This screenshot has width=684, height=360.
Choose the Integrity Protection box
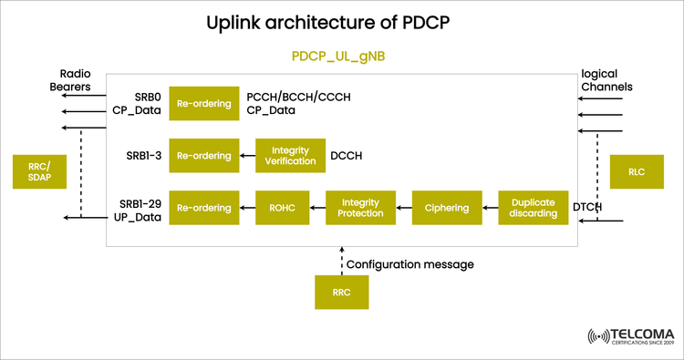[359, 208]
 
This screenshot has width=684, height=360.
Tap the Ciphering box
[447, 208]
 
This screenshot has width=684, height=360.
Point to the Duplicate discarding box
[533, 208]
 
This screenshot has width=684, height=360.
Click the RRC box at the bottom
[341, 293]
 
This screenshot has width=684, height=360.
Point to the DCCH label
[346, 156]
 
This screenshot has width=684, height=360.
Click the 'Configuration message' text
[410, 264]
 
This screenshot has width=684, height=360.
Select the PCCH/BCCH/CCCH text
[298, 97]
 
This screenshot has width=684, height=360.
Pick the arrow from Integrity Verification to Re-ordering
[248, 156]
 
